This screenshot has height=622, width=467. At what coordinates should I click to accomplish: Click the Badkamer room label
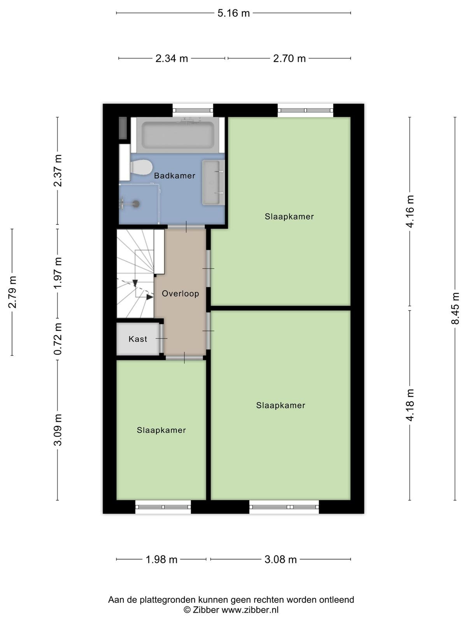[174, 176]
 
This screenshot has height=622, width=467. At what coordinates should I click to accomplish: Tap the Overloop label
[180, 294]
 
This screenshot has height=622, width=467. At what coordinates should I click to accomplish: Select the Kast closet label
[138, 339]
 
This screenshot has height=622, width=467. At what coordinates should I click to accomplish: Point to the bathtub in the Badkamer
[178, 135]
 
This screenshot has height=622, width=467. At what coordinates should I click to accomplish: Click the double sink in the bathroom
[213, 182]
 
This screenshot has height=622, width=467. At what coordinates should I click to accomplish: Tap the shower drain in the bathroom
[136, 203]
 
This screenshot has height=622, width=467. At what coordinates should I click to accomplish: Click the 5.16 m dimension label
[233, 13]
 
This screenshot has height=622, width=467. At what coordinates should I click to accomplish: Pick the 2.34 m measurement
[172, 59]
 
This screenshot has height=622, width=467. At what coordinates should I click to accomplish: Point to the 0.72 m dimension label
[58, 339]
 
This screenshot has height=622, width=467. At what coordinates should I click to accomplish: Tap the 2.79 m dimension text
[12, 292]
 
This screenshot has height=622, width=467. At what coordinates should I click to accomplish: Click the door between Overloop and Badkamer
[186, 226]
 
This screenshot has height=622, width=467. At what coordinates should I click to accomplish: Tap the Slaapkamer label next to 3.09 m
[162, 430]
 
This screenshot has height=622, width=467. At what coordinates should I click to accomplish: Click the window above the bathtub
[193, 110]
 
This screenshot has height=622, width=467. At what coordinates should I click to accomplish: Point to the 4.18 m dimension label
[410, 405]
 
